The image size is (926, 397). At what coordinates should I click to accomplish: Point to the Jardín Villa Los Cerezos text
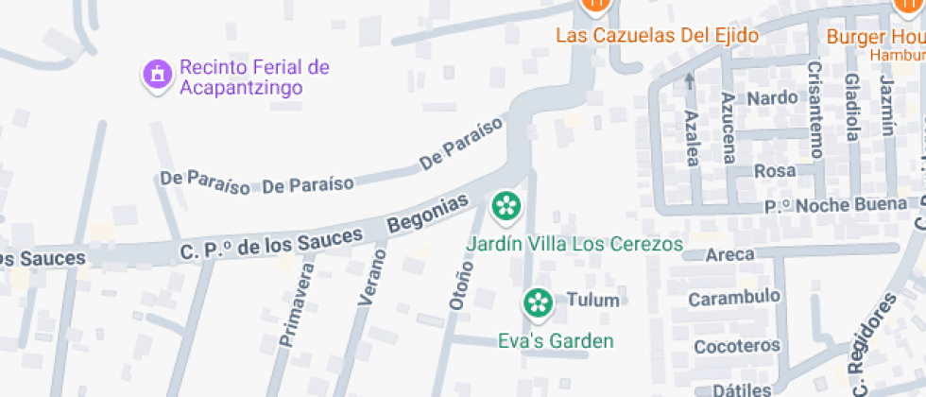(x=574, y=244)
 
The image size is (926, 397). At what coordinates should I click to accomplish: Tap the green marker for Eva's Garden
(x=539, y=302)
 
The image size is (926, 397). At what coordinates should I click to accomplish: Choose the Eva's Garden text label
(x=557, y=341)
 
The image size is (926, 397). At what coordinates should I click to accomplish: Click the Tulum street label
(x=592, y=302)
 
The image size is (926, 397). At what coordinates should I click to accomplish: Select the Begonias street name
(x=428, y=214)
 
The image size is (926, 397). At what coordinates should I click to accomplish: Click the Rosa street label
(x=773, y=171)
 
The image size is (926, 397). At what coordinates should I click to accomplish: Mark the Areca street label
(x=729, y=254)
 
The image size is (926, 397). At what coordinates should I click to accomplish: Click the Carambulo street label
(x=734, y=298)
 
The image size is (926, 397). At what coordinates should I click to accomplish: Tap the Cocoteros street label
(x=737, y=346)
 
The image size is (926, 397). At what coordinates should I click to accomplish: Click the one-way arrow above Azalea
(x=690, y=80)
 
